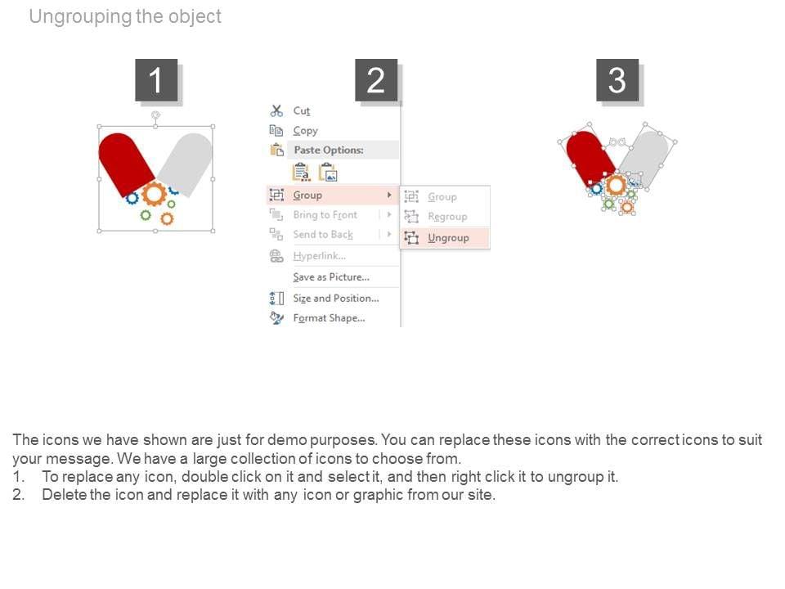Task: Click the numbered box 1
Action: (x=156, y=80)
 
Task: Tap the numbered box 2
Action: (x=376, y=80)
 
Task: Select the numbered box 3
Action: (x=617, y=80)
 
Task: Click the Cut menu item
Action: (x=302, y=110)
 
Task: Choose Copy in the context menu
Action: (x=305, y=131)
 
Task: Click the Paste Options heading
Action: (x=329, y=150)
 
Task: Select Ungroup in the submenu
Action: (x=448, y=238)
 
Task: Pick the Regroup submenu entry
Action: (x=447, y=217)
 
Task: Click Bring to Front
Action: (x=325, y=215)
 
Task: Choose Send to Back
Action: (x=323, y=235)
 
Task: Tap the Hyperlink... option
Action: (x=319, y=256)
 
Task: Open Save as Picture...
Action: (x=331, y=277)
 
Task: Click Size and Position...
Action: (x=336, y=298)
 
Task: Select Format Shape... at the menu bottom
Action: (x=329, y=318)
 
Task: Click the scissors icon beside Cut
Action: (x=276, y=110)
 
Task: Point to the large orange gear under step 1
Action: (x=154, y=195)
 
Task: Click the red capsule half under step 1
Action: (x=125, y=164)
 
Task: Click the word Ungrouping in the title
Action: (x=81, y=16)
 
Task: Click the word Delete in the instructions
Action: (x=64, y=495)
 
